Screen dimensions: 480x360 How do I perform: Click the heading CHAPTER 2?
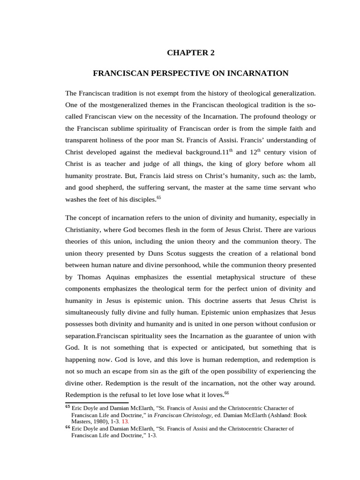pyautogui.click(x=190, y=53)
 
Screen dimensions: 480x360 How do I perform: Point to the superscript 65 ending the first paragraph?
pyautogui.click(x=158, y=197)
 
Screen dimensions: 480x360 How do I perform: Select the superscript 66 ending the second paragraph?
pyautogui.click(x=226, y=392)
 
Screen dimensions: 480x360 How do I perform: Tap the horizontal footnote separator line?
pyautogui.click(x=97, y=402)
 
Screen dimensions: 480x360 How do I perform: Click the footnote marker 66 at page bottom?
pyautogui.click(x=67, y=428)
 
